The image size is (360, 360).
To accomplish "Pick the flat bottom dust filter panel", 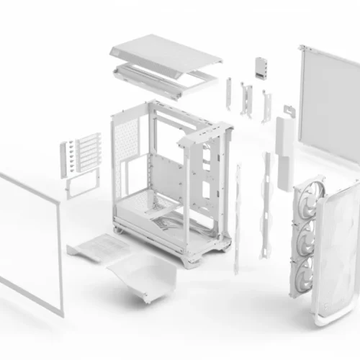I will tap(97, 249).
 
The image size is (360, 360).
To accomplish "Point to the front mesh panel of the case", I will tap(338, 245).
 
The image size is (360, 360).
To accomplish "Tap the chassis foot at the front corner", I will tap(190, 261).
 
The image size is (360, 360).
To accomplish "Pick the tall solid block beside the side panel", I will tap(284, 137).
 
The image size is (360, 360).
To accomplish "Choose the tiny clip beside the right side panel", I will tap(289, 109).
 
